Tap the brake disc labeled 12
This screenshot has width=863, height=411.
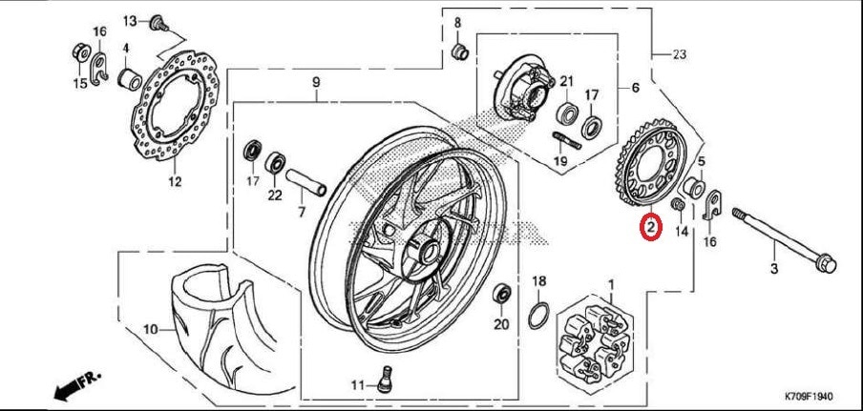pos(175,106)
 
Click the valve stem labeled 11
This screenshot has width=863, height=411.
pos(386,379)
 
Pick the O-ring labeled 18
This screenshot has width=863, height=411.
pos(538,315)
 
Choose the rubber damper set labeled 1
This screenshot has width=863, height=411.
pos(596,341)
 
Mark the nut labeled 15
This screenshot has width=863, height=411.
pos(81,52)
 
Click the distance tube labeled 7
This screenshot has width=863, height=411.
pos(305,183)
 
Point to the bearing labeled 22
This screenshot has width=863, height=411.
pos(275,163)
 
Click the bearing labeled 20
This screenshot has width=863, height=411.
pos(502,294)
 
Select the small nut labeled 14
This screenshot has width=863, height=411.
pos(679,206)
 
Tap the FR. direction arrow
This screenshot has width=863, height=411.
pos(77,385)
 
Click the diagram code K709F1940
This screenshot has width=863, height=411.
pos(809,396)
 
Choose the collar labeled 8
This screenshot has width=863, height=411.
pos(459,52)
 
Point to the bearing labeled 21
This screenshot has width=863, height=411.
pos(567,113)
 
